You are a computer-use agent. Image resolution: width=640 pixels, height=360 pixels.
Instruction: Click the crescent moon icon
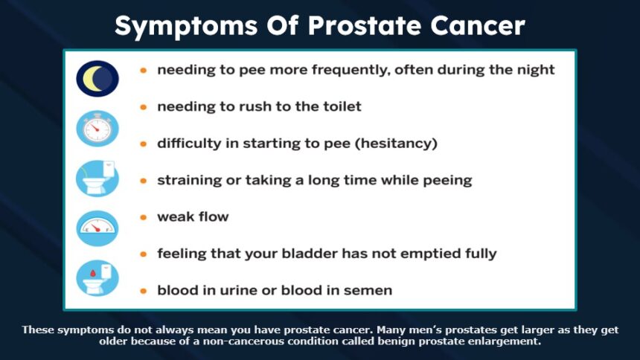tap(97, 78)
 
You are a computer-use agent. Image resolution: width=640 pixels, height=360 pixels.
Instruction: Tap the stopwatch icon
tap(97, 129)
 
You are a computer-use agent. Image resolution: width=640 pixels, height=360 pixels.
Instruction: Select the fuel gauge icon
tap(97, 228)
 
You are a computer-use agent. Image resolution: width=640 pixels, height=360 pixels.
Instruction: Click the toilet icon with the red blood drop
tap(97, 278)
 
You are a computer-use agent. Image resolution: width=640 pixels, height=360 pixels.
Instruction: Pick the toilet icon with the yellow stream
tap(97, 179)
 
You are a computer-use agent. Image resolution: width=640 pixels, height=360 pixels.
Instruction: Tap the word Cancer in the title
tap(478, 26)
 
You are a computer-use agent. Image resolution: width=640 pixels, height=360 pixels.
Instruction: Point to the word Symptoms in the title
tap(186, 27)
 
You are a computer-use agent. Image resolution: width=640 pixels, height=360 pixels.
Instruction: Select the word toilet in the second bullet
tap(342, 106)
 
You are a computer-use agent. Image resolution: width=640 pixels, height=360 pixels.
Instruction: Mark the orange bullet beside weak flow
tap(144, 217)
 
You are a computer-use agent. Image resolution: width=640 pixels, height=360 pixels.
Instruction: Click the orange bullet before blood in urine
tap(144, 291)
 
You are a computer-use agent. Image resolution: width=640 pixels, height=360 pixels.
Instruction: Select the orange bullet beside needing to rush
tap(144, 107)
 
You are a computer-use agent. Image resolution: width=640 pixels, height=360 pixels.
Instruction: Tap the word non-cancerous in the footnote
tap(243, 341)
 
